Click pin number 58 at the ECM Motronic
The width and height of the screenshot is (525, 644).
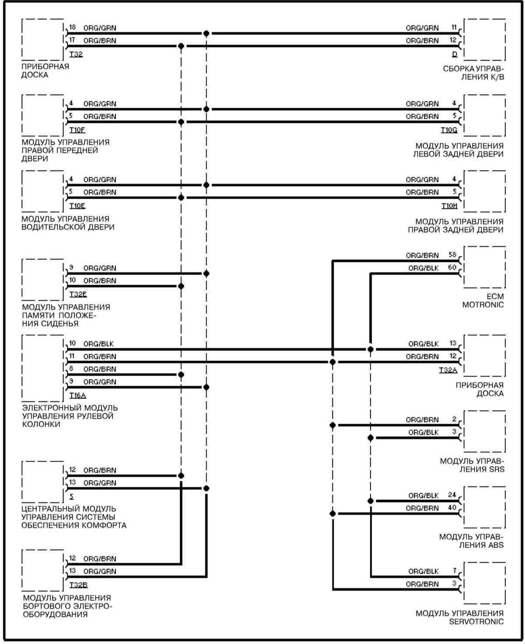point(453,255)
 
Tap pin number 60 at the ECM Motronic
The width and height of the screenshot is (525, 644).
point(453,267)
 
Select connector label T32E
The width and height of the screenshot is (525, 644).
point(78,294)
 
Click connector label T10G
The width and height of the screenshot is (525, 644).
point(449,130)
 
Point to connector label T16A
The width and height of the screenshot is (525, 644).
point(78,395)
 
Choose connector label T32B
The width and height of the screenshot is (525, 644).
point(78,585)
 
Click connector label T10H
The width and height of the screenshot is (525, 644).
point(449,206)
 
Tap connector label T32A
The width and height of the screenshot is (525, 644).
point(448,370)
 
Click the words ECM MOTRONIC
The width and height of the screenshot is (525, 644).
point(483,301)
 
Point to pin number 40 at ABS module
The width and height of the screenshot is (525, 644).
point(452,508)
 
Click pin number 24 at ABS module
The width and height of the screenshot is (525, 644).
point(452,495)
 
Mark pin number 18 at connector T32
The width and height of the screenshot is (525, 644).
point(73,28)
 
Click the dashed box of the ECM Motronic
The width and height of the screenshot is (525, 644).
point(484,267)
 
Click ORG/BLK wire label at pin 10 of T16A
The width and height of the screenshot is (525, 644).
point(98,344)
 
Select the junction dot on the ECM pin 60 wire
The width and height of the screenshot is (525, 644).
point(371,349)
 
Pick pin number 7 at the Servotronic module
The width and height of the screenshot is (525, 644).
point(455,571)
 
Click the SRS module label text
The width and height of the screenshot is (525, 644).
point(472,465)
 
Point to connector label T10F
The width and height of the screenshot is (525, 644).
point(77,130)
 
